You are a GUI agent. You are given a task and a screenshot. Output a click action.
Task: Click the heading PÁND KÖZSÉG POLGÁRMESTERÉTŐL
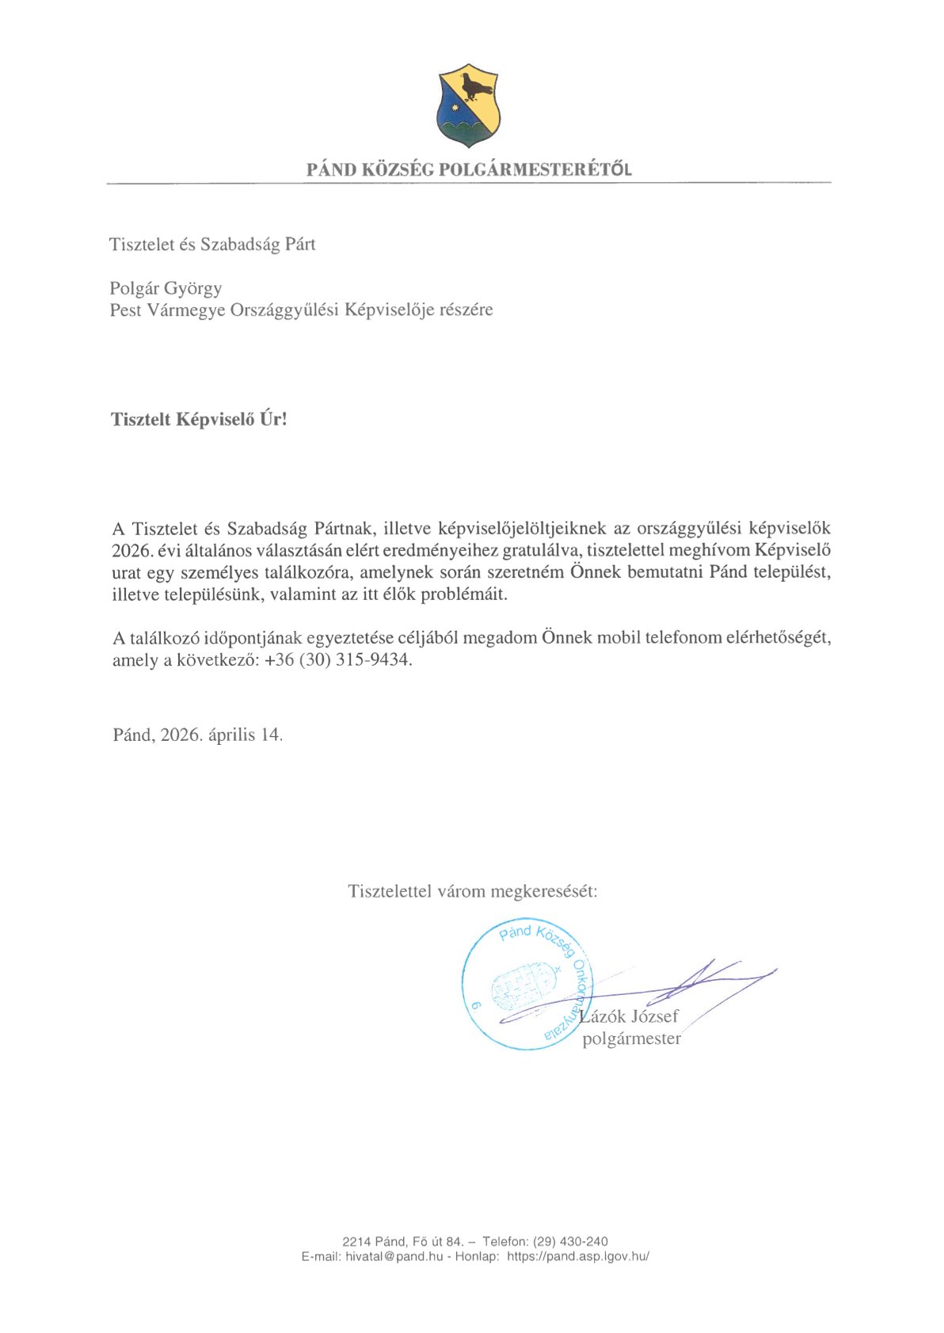point(469,169)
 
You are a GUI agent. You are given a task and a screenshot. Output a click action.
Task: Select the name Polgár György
point(166,288)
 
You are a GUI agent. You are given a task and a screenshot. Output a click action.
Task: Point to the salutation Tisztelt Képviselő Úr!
point(199,420)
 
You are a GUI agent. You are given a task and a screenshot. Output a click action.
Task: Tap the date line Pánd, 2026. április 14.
point(197,735)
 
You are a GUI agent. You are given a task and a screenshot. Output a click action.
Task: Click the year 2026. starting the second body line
point(131,550)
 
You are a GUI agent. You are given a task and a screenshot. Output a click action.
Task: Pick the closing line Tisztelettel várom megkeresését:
point(472,891)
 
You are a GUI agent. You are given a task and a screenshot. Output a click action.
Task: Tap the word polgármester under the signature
point(631,1039)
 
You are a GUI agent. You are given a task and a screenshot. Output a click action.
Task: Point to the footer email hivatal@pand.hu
point(394,1256)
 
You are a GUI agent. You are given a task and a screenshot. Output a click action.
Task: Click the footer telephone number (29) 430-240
point(570,1241)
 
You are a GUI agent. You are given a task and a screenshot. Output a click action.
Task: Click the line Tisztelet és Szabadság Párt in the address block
point(212,245)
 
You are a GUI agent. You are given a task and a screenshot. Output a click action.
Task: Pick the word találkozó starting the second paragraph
point(168,638)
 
